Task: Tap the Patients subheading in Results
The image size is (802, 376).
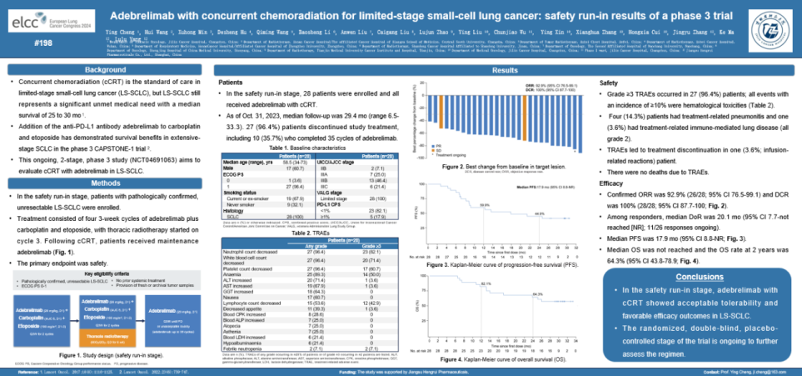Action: pos(231,83)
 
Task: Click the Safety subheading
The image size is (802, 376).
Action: pos(610,83)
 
